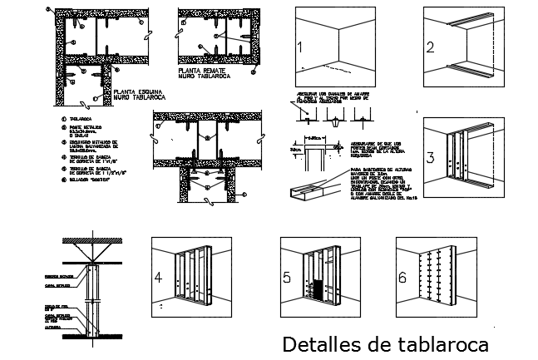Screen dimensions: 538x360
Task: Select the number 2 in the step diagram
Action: click(x=431, y=47)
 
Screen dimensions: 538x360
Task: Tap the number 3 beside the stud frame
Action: click(x=431, y=158)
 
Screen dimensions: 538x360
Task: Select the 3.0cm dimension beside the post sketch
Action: click(x=295, y=150)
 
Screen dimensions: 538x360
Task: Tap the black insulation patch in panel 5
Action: click(x=317, y=290)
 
